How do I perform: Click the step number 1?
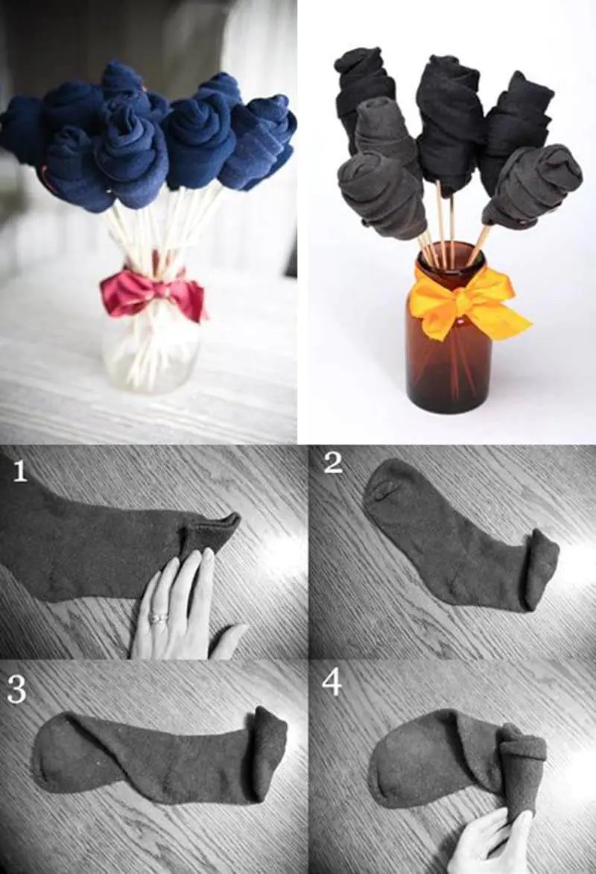[20, 470]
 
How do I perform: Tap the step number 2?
[333, 463]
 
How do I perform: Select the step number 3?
[16, 689]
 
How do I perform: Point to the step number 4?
[332, 683]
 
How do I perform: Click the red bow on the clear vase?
[153, 293]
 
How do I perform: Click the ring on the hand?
[159, 617]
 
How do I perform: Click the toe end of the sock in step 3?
[56, 753]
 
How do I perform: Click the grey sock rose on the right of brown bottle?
[533, 187]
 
